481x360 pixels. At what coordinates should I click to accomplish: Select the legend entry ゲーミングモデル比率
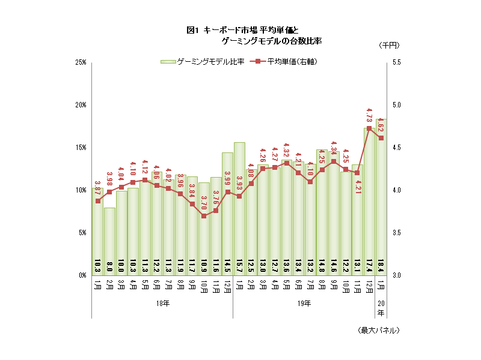(201, 61)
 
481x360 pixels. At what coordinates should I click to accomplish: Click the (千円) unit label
(389, 46)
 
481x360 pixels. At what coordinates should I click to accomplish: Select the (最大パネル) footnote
(378, 330)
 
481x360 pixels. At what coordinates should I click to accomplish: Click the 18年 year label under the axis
(162, 304)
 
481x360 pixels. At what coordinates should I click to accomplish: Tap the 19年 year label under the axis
(304, 304)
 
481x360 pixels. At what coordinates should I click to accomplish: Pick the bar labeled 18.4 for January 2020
(381, 198)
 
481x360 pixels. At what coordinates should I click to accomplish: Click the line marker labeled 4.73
(369, 128)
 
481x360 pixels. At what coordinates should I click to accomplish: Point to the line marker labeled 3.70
(204, 216)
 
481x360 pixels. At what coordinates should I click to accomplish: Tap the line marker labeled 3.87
(98, 201)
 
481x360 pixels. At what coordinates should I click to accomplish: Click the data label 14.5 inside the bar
(228, 265)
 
